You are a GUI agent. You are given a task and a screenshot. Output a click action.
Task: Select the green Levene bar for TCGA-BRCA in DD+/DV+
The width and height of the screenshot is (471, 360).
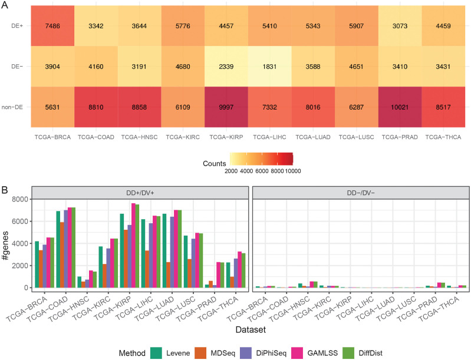[37, 265]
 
